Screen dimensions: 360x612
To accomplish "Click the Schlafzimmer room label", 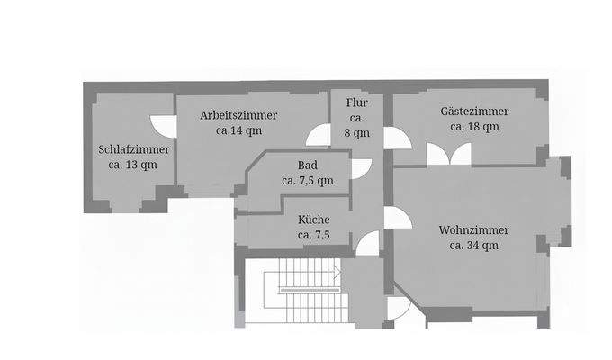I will tap(134, 149).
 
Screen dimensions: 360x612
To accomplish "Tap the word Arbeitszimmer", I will tap(239, 115).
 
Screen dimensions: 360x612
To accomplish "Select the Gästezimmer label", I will tap(474, 112).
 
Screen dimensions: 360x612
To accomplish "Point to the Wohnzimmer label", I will tap(474, 229).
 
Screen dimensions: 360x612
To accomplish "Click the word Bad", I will tap(307, 165).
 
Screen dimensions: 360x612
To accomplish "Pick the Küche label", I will tap(313, 220).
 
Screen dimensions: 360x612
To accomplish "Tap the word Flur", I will tap(357, 103).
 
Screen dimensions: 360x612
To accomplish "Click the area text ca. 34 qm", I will tap(474, 245).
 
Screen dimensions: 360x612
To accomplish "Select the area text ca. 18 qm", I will tap(474, 127).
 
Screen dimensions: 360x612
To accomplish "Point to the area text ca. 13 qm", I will tap(133, 165).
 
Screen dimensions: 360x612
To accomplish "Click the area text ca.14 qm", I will tap(239, 130).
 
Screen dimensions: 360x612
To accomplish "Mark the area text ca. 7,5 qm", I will tap(307, 180).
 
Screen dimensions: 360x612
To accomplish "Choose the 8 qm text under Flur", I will tap(357, 133).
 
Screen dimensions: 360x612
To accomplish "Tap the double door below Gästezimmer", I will tap(448, 154).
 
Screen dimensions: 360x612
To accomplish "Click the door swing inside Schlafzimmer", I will tap(161, 127).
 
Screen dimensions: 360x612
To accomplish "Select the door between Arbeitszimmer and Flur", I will tap(319, 136).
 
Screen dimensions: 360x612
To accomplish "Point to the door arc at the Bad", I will tap(360, 167).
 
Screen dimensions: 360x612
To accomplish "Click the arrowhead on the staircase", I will tap(337, 270).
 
